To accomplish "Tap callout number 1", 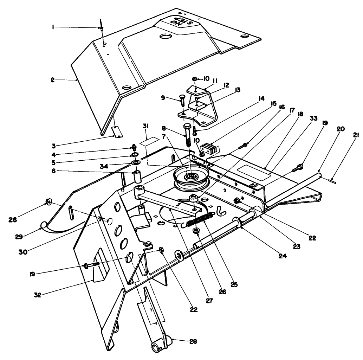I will pyautogui.click(x=53, y=27).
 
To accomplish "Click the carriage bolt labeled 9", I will pyautogui.click(x=182, y=99).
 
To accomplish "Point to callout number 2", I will pyautogui.click(x=52, y=80).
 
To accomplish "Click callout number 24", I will pyautogui.click(x=282, y=256).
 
